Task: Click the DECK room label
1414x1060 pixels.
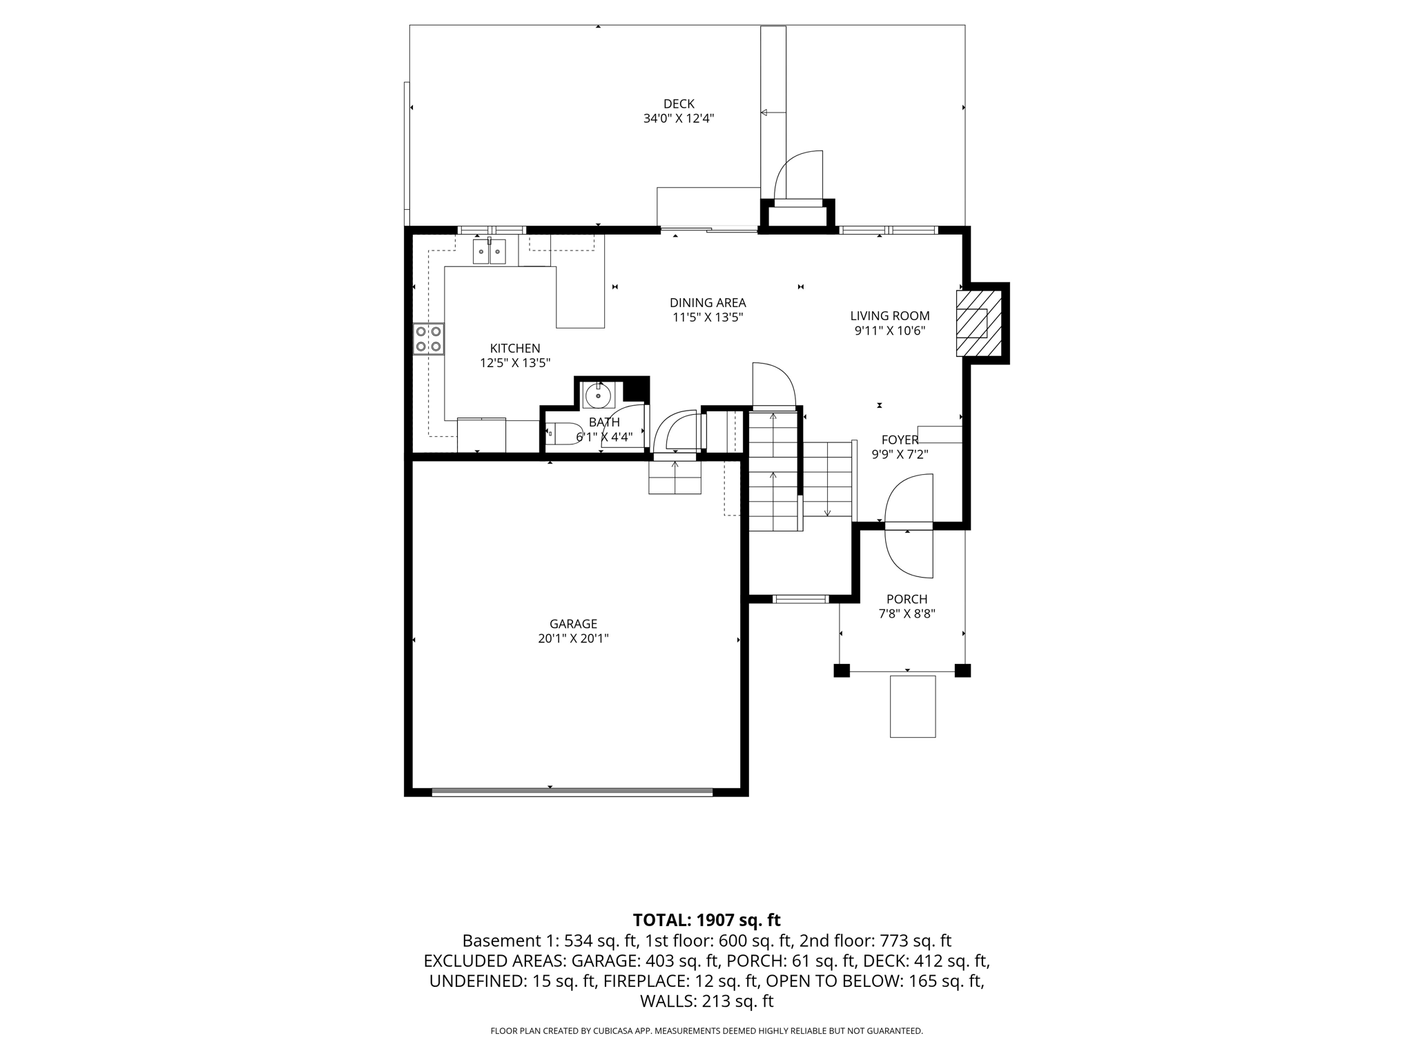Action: (x=679, y=104)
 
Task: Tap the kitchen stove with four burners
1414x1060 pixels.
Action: (x=428, y=339)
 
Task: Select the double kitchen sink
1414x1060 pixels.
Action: (x=489, y=251)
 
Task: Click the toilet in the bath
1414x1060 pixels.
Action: (x=564, y=433)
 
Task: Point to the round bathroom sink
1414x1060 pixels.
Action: (x=598, y=396)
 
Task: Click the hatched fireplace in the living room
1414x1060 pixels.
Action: (x=978, y=323)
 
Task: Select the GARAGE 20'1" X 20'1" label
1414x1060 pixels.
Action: (x=573, y=631)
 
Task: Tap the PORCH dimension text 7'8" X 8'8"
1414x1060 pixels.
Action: (x=907, y=614)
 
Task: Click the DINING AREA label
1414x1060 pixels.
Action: (x=708, y=303)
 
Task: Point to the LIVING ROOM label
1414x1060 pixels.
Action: (x=890, y=316)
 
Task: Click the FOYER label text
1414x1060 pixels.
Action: (x=900, y=440)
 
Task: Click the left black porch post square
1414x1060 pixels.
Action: (x=841, y=670)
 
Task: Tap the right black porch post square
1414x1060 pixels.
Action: (x=962, y=670)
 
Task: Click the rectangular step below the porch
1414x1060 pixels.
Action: (x=913, y=707)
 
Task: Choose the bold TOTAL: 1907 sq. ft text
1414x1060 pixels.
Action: (x=706, y=920)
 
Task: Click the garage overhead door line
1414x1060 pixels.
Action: (x=572, y=792)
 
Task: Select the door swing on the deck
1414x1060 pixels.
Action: (x=799, y=176)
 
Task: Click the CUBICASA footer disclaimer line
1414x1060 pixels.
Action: (x=706, y=1031)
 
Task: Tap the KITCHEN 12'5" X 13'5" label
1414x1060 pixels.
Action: (x=515, y=355)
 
